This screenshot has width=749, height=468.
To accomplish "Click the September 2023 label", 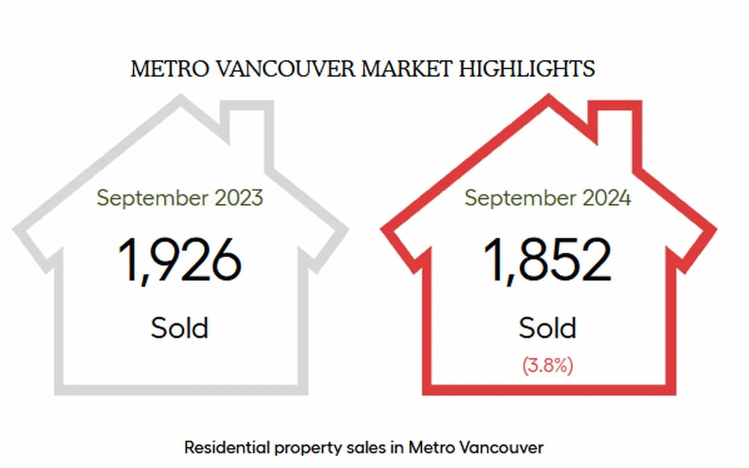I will (180, 198).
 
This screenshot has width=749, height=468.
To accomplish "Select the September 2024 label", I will (547, 198).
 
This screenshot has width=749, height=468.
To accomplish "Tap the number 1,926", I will (180, 260).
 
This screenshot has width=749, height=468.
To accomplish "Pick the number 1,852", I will (547, 260).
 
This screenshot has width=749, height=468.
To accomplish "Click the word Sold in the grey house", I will (180, 327).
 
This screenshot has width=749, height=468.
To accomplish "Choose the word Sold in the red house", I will (547, 327).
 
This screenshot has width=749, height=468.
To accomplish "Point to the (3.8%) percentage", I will (547, 365).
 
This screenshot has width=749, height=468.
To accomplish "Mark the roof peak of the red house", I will (548, 101).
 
